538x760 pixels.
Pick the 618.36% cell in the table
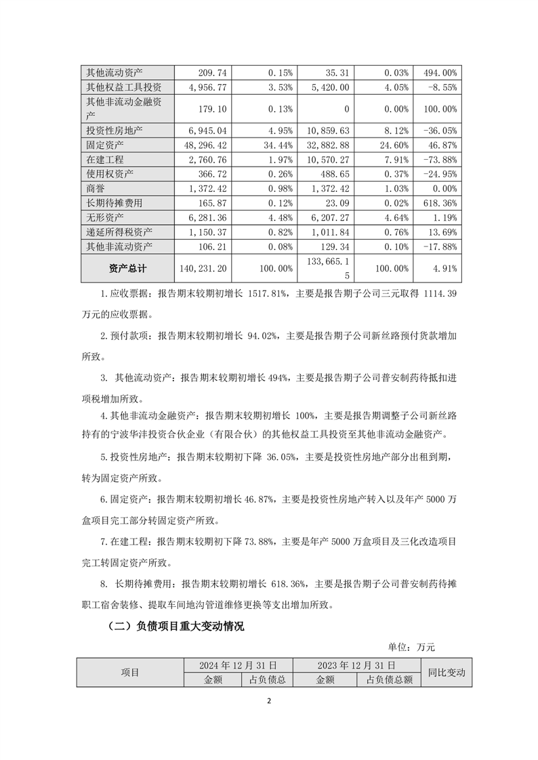point(440,203)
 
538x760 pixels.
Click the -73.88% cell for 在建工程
point(439,159)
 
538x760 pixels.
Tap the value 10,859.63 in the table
point(326,130)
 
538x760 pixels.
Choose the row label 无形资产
point(102,217)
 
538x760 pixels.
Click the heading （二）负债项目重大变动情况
point(175,627)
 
